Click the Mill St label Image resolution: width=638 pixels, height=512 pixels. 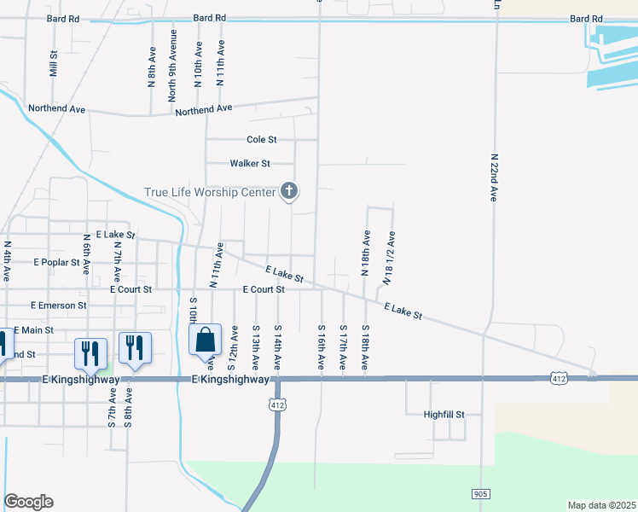[53, 63]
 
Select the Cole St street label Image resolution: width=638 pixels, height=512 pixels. [262, 139]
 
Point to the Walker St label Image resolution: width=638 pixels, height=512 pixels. [250, 163]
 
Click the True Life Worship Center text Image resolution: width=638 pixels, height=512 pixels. [211, 192]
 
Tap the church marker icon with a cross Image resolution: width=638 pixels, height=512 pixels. [289, 191]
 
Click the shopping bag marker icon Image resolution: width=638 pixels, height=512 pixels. [206, 340]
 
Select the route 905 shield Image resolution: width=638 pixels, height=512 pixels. [481, 494]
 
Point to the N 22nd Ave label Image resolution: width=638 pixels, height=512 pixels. [494, 177]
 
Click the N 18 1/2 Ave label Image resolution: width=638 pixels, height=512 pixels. [390, 257]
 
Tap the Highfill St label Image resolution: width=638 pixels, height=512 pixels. [444, 415]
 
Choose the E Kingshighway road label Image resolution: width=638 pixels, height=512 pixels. [230, 379]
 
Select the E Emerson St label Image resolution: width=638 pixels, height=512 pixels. [58, 305]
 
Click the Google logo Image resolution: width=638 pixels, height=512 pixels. [28, 502]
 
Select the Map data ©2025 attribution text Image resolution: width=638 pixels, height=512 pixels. [601, 505]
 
